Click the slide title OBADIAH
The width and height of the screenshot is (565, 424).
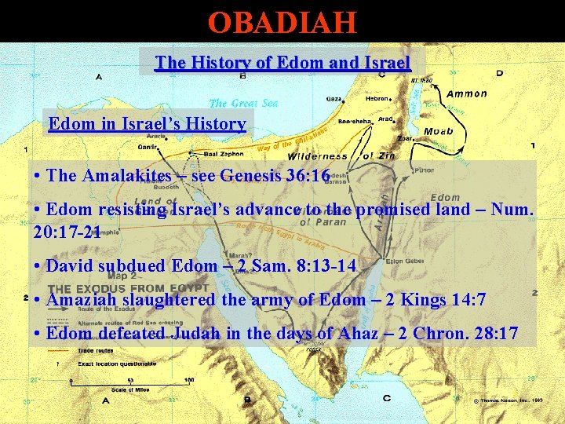click(x=282, y=21)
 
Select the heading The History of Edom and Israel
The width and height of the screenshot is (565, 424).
click(x=282, y=62)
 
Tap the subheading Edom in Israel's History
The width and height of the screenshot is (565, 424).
click(x=147, y=123)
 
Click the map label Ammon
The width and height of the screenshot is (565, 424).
click(x=467, y=93)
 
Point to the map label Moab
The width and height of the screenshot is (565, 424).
click(x=438, y=130)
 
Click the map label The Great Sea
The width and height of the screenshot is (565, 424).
click(x=243, y=103)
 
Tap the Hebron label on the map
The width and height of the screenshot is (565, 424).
click(x=377, y=99)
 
